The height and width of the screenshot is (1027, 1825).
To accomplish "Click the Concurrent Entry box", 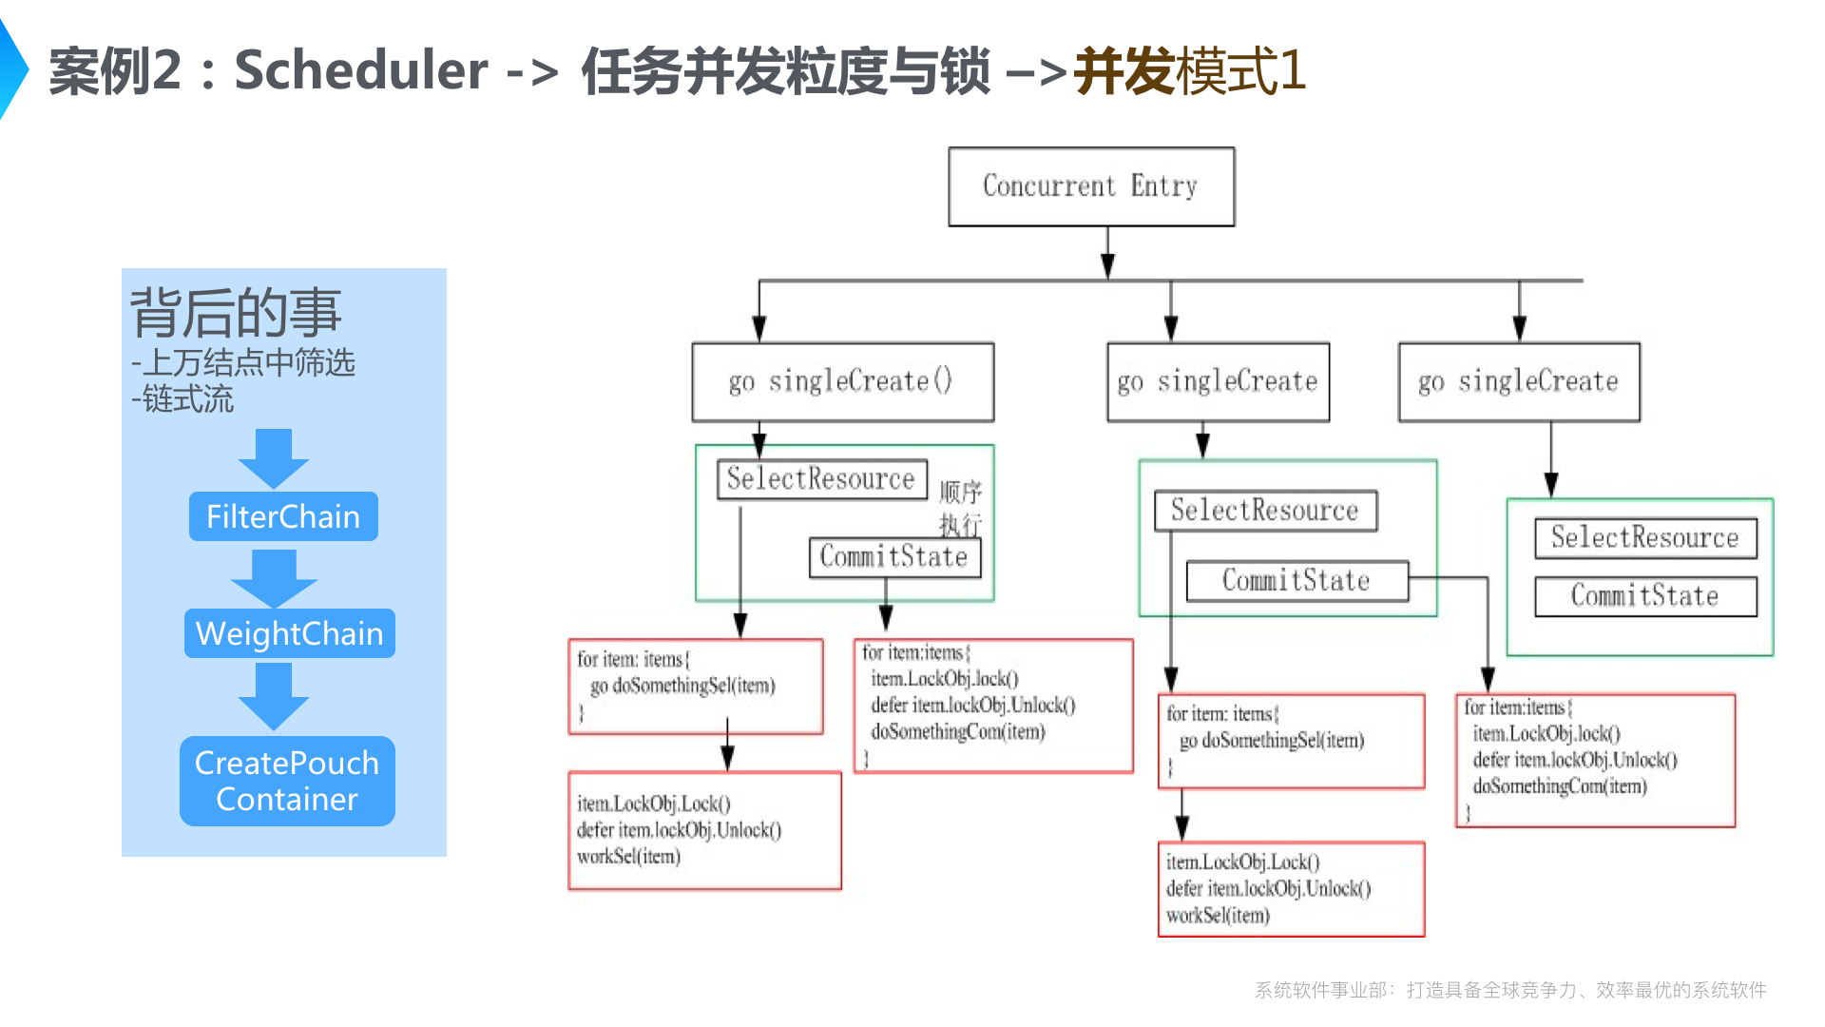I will pyautogui.click(x=1091, y=186).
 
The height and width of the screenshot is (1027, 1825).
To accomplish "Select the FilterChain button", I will pyautogui.click(x=283, y=516).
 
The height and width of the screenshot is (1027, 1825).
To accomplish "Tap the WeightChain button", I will pyautogui.click(x=289, y=633).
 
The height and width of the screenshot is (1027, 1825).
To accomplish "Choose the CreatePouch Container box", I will pyautogui.click(x=287, y=781).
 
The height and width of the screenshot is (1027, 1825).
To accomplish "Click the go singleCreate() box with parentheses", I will pyautogui.click(x=842, y=382).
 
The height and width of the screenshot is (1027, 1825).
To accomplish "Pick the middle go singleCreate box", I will pyautogui.click(x=1218, y=382).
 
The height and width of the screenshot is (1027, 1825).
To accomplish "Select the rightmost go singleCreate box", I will pyautogui.click(x=1518, y=382).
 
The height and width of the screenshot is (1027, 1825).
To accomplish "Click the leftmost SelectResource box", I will pyautogui.click(x=821, y=478).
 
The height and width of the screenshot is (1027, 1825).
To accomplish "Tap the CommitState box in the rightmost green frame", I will pyautogui.click(x=1644, y=596).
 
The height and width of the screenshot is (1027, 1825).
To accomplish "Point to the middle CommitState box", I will pyautogui.click(x=1297, y=581).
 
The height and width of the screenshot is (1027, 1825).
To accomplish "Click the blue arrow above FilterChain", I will pyautogui.click(x=274, y=458).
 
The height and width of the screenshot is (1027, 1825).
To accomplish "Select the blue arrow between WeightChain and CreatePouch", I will pyautogui.click(x=274, y=695).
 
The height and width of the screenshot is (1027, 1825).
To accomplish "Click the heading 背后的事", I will pyautogui.click(x=236, y=313).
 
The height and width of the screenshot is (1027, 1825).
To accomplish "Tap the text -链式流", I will pyautogui.click(x=182, y=399).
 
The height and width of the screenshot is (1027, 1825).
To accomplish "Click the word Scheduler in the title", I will pyautogui.click(x=361, y=70).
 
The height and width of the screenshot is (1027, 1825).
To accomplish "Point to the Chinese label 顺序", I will pyautogui.click(x=960, y=492).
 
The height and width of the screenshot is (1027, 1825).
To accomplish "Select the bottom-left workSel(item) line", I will pyautogui.click(x=628, y=856).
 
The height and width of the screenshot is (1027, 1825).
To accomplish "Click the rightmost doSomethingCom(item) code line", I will pyautogui.click(x=1560, y=786).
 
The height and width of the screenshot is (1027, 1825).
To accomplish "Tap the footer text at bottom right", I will pyautogui.click(x=1509, y=990).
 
